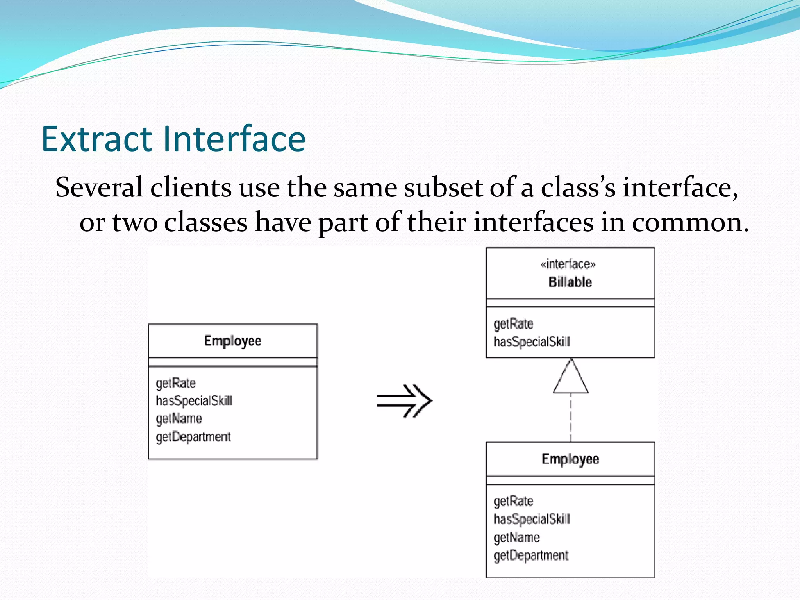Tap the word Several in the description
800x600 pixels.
point(99,187)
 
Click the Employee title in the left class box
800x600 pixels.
point(233,341)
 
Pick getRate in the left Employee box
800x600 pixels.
point(175,383)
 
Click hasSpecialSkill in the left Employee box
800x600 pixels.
point(194,401)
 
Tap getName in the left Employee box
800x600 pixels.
point(179,419)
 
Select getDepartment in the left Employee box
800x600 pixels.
point(193,437)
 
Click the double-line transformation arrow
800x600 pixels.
point(404,401)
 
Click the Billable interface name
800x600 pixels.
point(570,282)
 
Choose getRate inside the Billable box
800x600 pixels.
point(513,324)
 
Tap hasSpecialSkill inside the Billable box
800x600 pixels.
point(532,342)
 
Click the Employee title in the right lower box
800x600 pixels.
point(570,459)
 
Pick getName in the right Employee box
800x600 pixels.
point(516,537)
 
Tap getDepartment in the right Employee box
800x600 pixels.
point(531,555)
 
